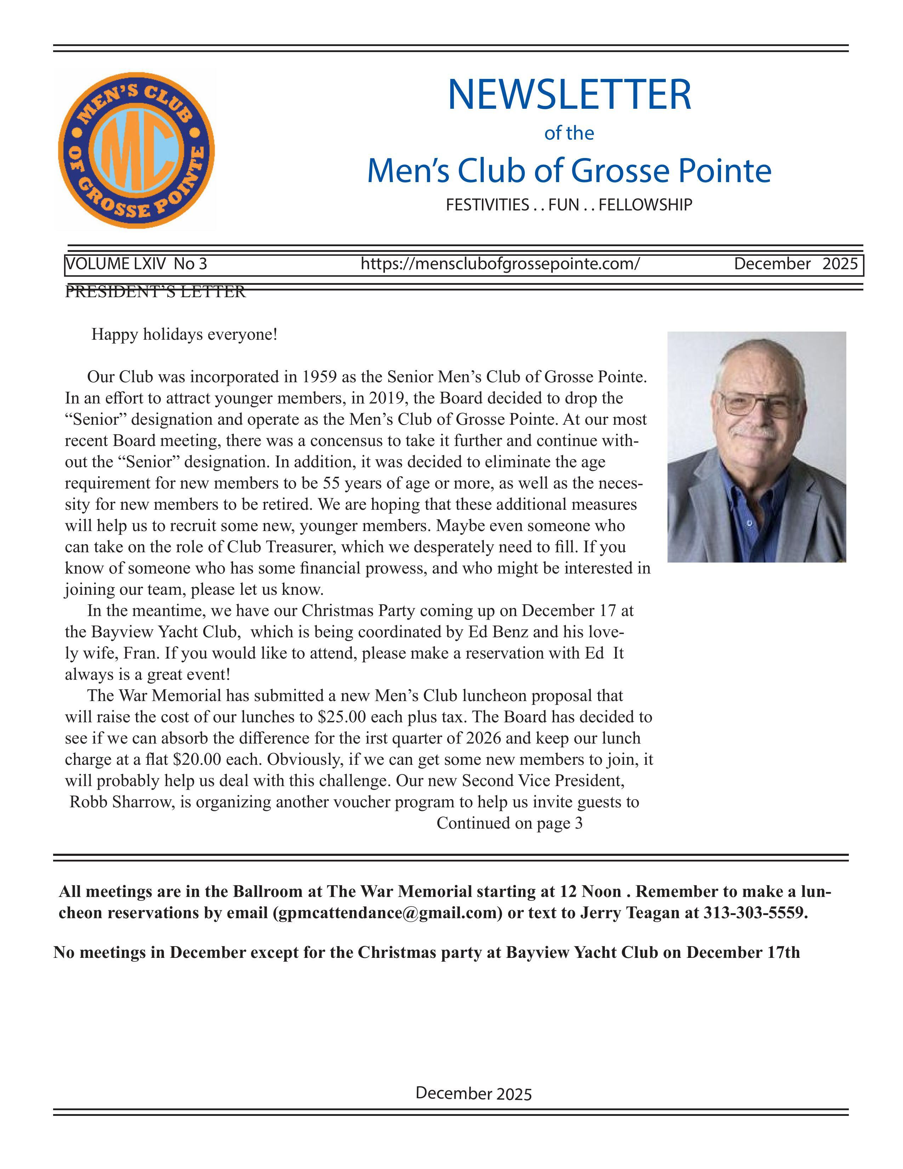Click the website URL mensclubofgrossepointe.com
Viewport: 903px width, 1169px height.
pos(500,264)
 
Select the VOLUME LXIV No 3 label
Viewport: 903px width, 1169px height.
pos(136,264)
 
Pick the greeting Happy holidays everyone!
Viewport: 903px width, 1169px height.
pos(184,334)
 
